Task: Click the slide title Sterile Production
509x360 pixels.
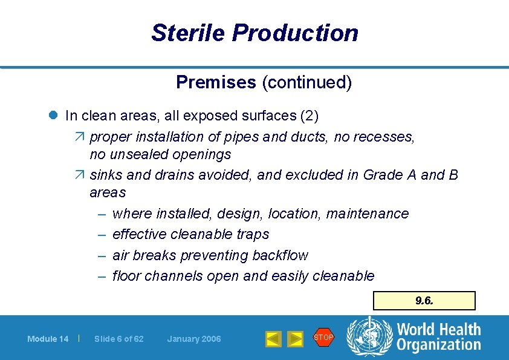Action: (254, 33)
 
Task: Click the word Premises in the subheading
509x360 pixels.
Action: (216, 82)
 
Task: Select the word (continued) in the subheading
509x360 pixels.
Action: (306, 82)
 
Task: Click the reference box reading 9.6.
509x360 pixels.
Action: (424, 300)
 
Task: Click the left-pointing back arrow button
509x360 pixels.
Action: (274, 339)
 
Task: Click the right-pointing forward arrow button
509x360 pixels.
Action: (295, 339)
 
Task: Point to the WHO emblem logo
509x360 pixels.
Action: (368, 338)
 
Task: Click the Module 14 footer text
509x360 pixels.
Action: (48, 339)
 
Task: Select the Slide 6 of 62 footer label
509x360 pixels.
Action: (119, 339)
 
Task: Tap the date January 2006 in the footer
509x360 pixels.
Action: (194, 339)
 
